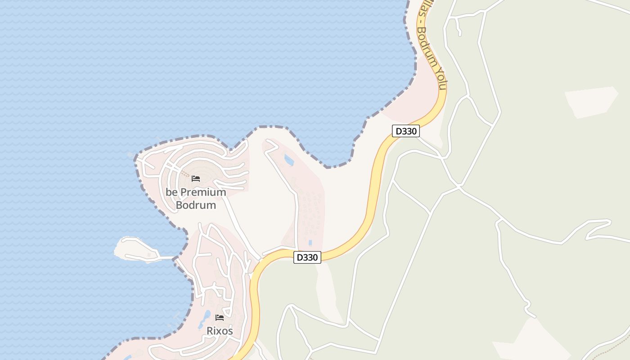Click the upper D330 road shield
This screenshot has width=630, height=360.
pyautogui.click(x=406, y=131)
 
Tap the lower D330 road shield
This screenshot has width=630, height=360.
pyautogui.click(x=307, y=257)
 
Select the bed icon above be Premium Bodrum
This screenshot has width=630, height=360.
pyautogui.click(x=196, y=178)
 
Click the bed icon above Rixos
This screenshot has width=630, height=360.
pyautogui.click(x=220, y=317)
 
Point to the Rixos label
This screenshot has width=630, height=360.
pyautogui.click(x=220, y=331)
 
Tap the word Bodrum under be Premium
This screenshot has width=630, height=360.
pyautogui.click(x=196, y=205)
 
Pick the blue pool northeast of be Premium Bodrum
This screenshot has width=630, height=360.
pyautogui.click(x=289, y=160)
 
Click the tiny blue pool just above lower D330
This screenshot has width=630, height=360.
pyautogui.click(x=310, y=242)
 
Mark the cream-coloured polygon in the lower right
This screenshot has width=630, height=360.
pyautogui.click(x=531, y=342)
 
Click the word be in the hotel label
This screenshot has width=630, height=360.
pyautogui.click(x=171, y=192)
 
